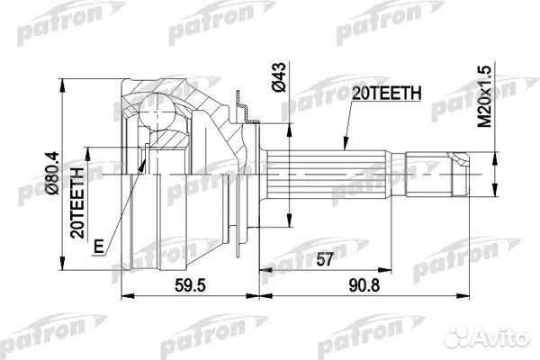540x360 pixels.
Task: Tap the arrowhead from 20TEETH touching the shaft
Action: point(345,143)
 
